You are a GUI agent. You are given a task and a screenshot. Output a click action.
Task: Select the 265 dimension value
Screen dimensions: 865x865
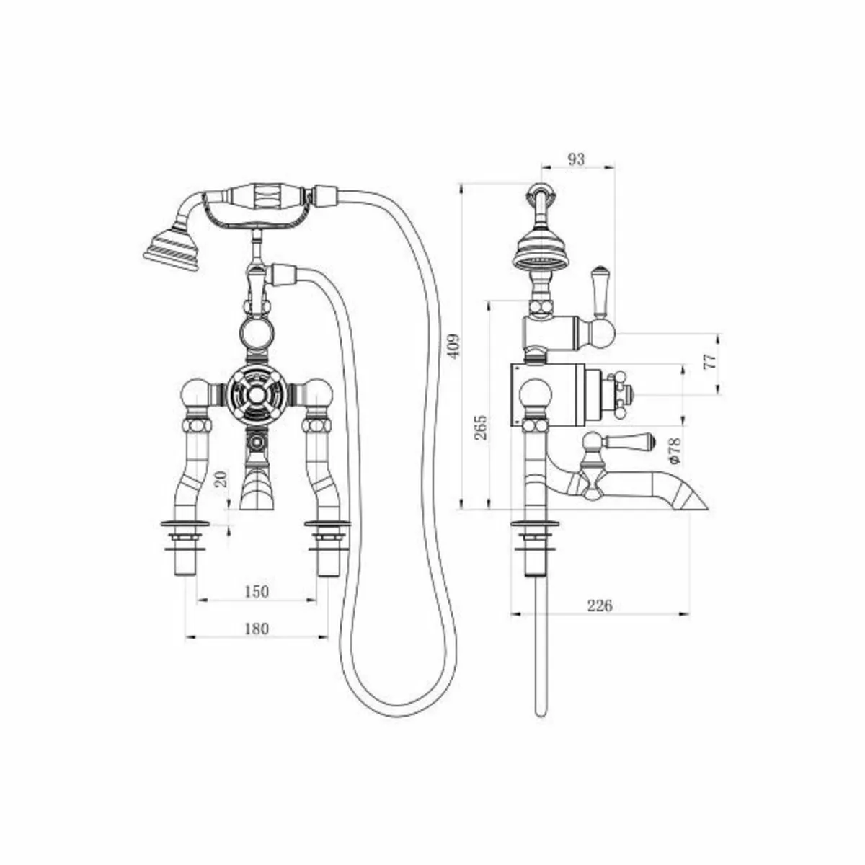point(481,427)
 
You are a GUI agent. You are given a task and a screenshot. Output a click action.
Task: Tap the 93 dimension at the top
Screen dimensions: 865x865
point(576,159)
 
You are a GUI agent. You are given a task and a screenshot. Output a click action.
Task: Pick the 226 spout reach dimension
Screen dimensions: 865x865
point(598,605)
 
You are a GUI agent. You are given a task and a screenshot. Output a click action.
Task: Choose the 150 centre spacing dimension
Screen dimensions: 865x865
point(256,591)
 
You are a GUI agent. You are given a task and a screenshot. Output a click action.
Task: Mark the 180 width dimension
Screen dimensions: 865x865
point(256,629)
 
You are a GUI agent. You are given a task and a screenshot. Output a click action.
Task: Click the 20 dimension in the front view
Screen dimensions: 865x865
point(222,479)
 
